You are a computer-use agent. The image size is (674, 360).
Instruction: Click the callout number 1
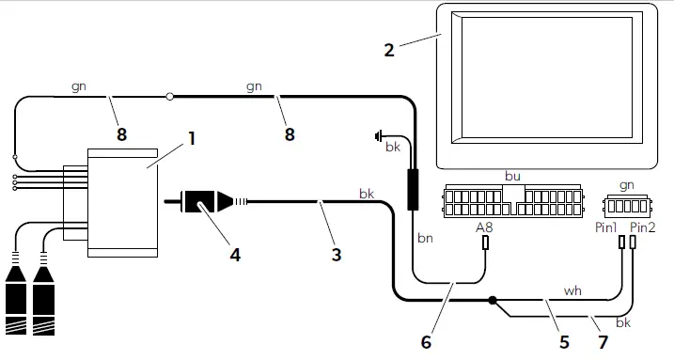191,137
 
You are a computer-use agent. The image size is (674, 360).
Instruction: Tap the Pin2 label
642,227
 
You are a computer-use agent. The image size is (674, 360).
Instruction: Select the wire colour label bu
512,175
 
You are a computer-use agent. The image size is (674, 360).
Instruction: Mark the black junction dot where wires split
492,302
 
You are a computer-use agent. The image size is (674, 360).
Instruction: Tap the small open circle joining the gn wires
170,95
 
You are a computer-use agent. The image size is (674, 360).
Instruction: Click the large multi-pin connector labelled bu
511,199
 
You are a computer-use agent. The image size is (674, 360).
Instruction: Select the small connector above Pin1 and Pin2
626,204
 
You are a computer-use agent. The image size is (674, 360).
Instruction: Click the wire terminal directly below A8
486,243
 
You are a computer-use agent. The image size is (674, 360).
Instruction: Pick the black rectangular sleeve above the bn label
412,189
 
